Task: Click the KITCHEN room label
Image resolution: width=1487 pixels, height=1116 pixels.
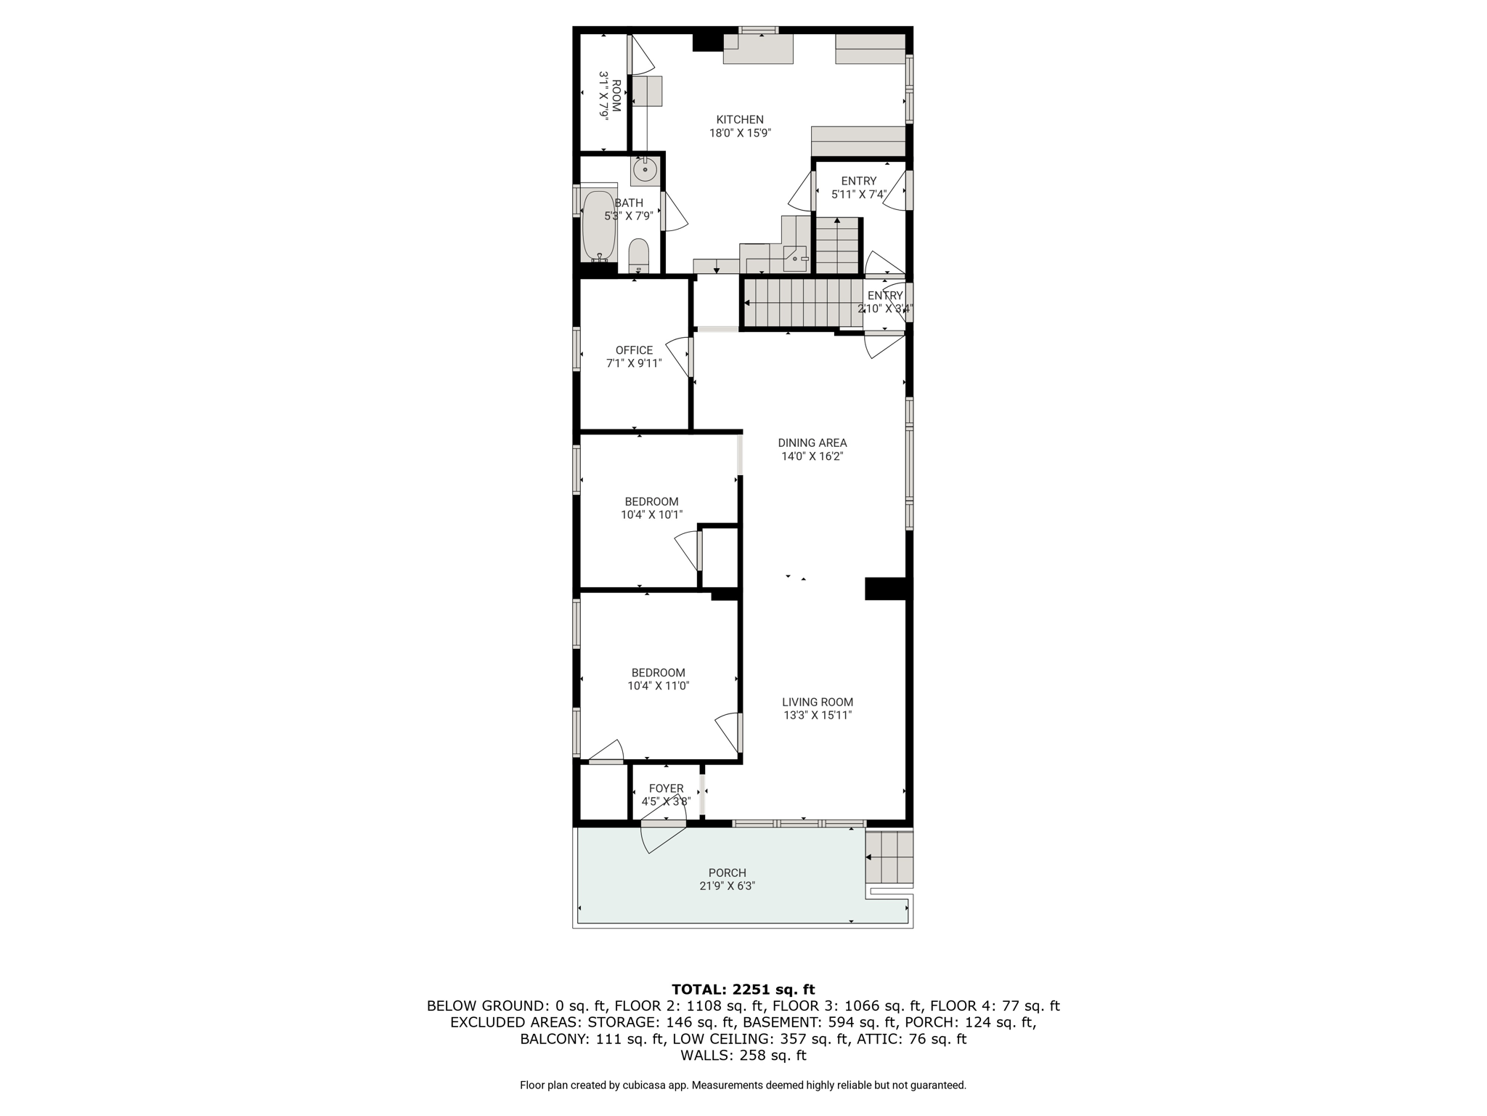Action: [x=740, y=120]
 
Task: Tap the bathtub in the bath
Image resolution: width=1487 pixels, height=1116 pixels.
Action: [x=599, y=226]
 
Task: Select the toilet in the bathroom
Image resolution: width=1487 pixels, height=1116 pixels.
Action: [x=638, y=255]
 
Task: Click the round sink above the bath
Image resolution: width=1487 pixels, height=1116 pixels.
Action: [x=645, y=169]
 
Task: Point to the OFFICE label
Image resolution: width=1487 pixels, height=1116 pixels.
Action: [x=634, y=350]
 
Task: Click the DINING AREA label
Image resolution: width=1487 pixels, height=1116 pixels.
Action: [x=812, y=442]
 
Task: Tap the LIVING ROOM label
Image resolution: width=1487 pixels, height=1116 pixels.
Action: [x=818, y=702]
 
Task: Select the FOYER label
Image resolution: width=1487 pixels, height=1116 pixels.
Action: [x=666, y=788]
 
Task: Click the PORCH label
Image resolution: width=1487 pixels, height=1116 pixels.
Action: [x=728, y=873]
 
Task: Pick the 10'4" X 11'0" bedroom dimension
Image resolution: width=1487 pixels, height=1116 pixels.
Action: [x=659, y=685]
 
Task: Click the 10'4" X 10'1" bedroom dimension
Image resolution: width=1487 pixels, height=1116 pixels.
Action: [x=652, y=514]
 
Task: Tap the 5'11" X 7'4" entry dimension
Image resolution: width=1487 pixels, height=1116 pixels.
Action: [x=859, y=194]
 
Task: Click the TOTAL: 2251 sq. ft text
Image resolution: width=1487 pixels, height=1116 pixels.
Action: [x=743, y=989]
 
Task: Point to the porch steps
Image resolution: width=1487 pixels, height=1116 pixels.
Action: [x=889, y=857]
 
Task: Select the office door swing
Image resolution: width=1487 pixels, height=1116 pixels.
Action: [x=678, y=357]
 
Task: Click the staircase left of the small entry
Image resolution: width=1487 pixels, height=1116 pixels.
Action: [x=802, y=304]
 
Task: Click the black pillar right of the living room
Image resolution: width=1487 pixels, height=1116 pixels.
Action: [x=886, y=588]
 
